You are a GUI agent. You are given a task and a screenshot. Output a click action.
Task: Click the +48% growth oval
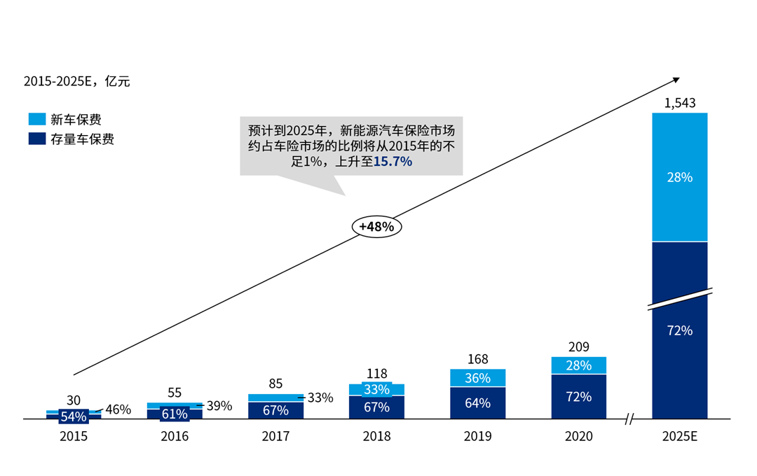point(376,227)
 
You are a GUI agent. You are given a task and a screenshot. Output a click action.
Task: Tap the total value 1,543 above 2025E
point(680,104)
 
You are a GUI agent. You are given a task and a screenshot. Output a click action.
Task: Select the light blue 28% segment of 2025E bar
point(680,177)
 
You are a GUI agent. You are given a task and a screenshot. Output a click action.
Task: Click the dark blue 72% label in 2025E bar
point(680,330)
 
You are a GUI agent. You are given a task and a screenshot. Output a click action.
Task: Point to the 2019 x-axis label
point(477,437)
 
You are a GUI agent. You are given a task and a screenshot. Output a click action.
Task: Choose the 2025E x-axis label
point(680,437)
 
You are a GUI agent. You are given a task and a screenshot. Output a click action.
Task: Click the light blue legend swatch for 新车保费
point(37,119)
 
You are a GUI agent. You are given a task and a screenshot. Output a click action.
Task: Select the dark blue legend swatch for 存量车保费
point(37,139)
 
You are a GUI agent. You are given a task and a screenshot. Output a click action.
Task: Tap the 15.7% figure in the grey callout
point(393,162)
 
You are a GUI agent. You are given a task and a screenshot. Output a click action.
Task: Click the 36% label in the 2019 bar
point(477,378)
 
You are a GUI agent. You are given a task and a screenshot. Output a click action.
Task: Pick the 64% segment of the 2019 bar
point(477,402)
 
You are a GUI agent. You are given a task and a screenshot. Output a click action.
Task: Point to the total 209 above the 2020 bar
point(579,346)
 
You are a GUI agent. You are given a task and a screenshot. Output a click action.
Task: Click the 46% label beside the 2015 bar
point(118,409)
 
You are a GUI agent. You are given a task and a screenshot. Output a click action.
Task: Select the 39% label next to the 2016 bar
point(219,406)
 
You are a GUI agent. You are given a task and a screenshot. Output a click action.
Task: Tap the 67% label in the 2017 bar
point(275,410)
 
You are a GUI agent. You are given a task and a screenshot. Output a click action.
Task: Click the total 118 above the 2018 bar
point(376,374)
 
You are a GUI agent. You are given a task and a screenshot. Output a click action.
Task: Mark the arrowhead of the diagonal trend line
point(676,79)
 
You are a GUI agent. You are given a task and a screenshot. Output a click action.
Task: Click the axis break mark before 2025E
point(629,419)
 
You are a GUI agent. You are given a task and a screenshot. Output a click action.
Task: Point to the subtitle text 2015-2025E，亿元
point(76,81)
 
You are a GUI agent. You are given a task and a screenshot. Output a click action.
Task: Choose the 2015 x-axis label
point(74,437)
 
